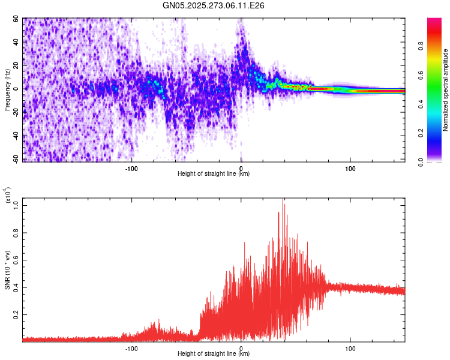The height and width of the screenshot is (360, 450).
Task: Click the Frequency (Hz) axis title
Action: [x=7, y=89]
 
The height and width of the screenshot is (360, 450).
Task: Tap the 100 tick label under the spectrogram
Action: [x=350, y=167]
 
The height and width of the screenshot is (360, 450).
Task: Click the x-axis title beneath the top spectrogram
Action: [x=214, y=174]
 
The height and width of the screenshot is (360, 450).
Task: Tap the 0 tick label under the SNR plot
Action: [x=241, y=349]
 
